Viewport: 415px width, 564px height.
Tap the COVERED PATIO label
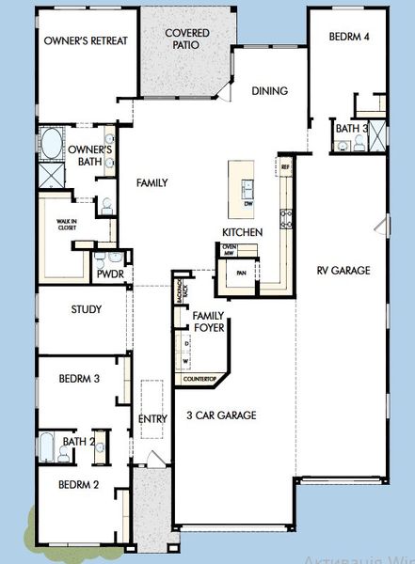coord(187,39)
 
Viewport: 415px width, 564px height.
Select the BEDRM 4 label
coord(350,37)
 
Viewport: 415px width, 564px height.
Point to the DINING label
coord(269,91)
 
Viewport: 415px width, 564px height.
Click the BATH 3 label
coord(351,128)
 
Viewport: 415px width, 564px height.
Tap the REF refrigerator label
coord(286,167)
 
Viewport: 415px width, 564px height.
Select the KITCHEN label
coord(242,232)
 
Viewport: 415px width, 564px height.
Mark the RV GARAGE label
coord(343,271)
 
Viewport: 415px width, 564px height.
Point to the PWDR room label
coord(111,274)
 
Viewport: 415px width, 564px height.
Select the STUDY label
coord(87,308)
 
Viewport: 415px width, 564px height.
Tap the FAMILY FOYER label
coord(207,322)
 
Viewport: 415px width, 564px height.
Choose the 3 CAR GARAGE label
coord(222,415)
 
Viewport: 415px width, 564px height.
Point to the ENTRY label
coord(152,418)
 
